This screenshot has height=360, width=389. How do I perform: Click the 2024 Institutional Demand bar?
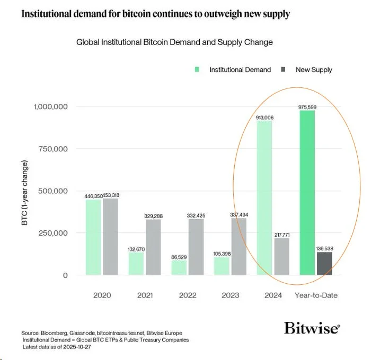pyautogui.click(x=264, y=198)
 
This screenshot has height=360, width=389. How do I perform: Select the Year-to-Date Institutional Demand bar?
pyautogui.click(x=307, y=193)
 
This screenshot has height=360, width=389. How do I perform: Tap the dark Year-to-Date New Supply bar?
pyautogui.click(x=324, y=264)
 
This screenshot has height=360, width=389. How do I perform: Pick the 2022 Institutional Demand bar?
pyautogui.click(x=179, y=267)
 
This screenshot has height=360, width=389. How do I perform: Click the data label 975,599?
pyautogui.click(x=308, y=107)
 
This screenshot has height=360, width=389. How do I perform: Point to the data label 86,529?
pyautogui.click(x=179, y=256)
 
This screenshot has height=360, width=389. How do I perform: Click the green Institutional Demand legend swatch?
pyautogui.click(x=198, y=69)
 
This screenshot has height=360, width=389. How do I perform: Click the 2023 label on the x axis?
pyautogui.click(x=229, y=295)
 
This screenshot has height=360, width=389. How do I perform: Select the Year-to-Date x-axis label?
pyautogui.click(x=316, y=295)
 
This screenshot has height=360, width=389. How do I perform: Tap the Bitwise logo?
pyautogui.click(x=312, y=328)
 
